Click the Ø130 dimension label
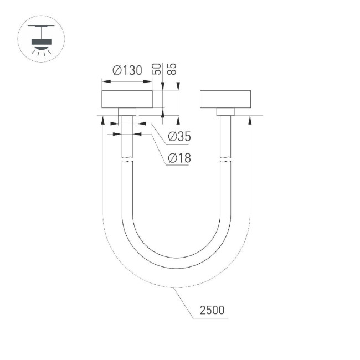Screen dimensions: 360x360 point(127,70)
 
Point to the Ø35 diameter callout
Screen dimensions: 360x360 point(178,136)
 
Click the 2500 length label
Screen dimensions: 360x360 point(212,310)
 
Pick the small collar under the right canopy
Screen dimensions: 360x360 point(225,111)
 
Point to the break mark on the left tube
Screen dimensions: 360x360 point(127,160)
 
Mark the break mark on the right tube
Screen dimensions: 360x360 point(225,160)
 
